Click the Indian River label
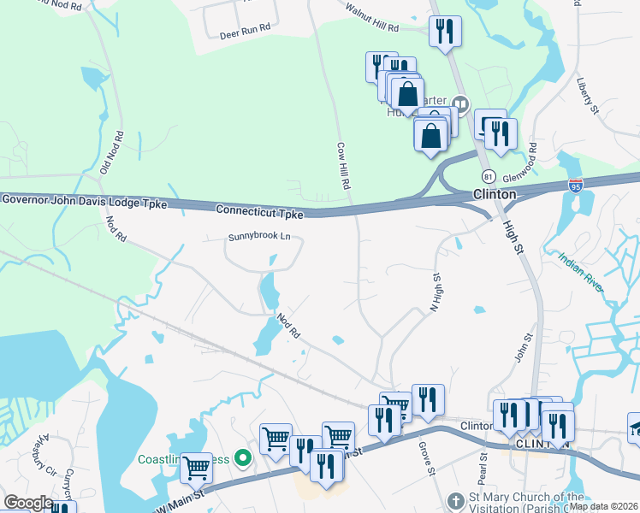point(582,271)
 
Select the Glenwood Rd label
point(530,159)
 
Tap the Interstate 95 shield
point(575,185)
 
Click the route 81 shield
point(488,175)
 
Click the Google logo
point(27,503)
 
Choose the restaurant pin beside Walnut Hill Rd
point(445,32)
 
